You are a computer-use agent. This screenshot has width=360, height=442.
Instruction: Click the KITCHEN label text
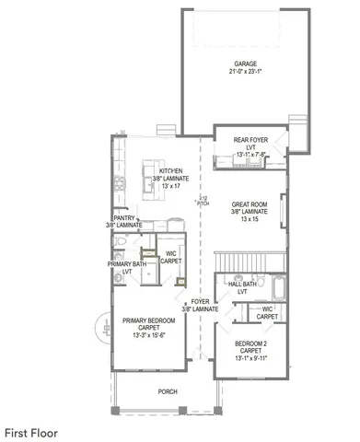click(171, 171)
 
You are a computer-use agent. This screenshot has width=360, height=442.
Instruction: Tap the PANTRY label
click(124, 217)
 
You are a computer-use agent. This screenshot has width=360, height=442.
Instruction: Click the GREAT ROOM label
click(248, 204)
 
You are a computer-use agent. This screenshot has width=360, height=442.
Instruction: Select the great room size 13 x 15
click(248, 220)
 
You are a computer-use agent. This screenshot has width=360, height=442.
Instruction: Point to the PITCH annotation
click(204, 201)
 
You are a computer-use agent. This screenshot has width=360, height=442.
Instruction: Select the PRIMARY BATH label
click(127, 264)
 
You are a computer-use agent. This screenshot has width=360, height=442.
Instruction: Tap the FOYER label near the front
click(199, 303)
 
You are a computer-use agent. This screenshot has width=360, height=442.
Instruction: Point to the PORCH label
click(167, 391)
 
